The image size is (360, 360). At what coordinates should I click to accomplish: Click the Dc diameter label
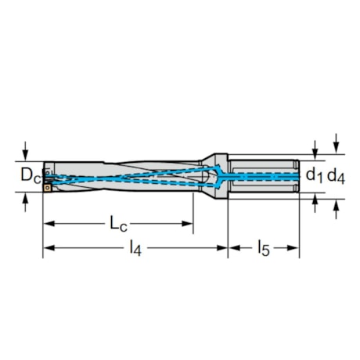coord(31,175)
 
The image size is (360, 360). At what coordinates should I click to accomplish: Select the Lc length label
coord(118,225)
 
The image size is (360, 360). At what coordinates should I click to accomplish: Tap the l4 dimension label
coord(135,249)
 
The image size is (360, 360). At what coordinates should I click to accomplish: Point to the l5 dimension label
coord(264,249)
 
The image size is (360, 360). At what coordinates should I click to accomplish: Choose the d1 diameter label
coord(315,175)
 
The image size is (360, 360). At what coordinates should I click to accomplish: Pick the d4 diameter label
coord(336,176)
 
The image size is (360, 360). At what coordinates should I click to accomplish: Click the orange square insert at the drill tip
coord(47,188)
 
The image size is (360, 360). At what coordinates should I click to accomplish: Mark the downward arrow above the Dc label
coord(25,151)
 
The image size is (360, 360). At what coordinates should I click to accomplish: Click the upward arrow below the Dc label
coord(25,202)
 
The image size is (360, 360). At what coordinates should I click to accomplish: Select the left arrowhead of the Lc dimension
coord(49,224)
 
